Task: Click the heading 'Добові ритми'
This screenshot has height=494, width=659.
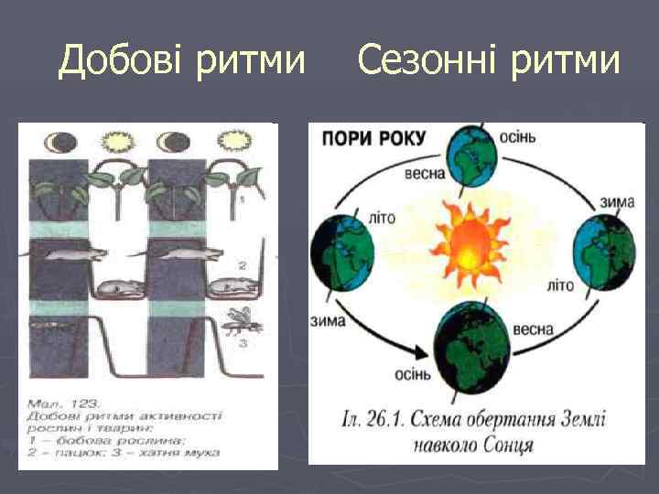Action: pos(181,61)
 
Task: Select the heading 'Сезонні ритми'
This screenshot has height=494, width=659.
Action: pos(488,61)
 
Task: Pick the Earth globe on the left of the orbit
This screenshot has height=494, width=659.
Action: pos(344,247)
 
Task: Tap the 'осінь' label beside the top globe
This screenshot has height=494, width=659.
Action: pos(517,136)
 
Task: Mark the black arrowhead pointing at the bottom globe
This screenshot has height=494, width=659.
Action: pos(423,350)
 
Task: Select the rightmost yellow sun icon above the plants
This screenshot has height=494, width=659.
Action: pos(229,143)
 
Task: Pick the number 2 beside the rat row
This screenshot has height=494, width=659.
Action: pos(243,264)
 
